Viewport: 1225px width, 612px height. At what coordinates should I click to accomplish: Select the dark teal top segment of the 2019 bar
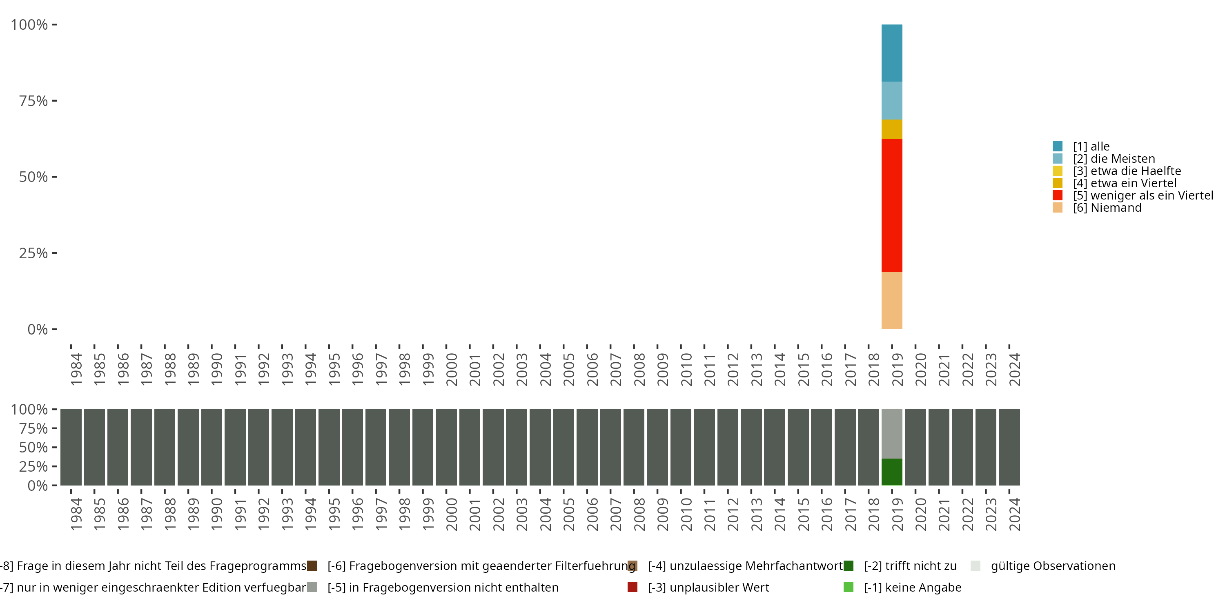tap(892, 53)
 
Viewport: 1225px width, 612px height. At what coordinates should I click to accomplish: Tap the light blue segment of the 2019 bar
tap(892, 100)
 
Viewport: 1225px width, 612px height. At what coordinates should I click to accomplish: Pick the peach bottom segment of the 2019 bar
tap(892, 300)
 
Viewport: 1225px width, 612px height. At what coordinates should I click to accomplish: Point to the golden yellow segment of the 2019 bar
tap(892, 129)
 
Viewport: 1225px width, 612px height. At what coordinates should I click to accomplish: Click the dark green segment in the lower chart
tap(892, 472)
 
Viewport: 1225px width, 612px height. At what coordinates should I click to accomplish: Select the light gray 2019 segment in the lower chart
tap(892, 433)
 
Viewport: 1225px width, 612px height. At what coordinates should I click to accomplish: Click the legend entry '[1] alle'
tap(1091, 146)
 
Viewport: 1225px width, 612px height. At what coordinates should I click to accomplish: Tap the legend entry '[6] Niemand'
tap(1107, 208)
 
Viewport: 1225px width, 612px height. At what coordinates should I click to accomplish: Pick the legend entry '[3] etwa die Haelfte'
tap(1127, 171)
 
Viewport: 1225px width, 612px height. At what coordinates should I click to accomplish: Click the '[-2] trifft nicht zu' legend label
tap(910, 566)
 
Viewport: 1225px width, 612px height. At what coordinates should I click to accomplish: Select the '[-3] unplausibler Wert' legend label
tap(708, 587)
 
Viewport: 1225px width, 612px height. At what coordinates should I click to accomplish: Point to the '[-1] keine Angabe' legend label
tap(912, 587)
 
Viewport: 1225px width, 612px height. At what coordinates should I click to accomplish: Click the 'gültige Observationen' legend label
tap(1052, 566)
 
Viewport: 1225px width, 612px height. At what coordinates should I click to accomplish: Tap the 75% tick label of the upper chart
tap(33, 101)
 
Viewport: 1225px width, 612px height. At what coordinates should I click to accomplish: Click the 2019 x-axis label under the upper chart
tap(897, 369)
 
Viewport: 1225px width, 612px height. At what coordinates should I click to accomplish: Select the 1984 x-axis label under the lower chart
tap(76, 514)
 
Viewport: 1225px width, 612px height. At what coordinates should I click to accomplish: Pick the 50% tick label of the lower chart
tap(33, 447)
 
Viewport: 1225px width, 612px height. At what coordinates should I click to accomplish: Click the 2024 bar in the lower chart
tap(1009, 447)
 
